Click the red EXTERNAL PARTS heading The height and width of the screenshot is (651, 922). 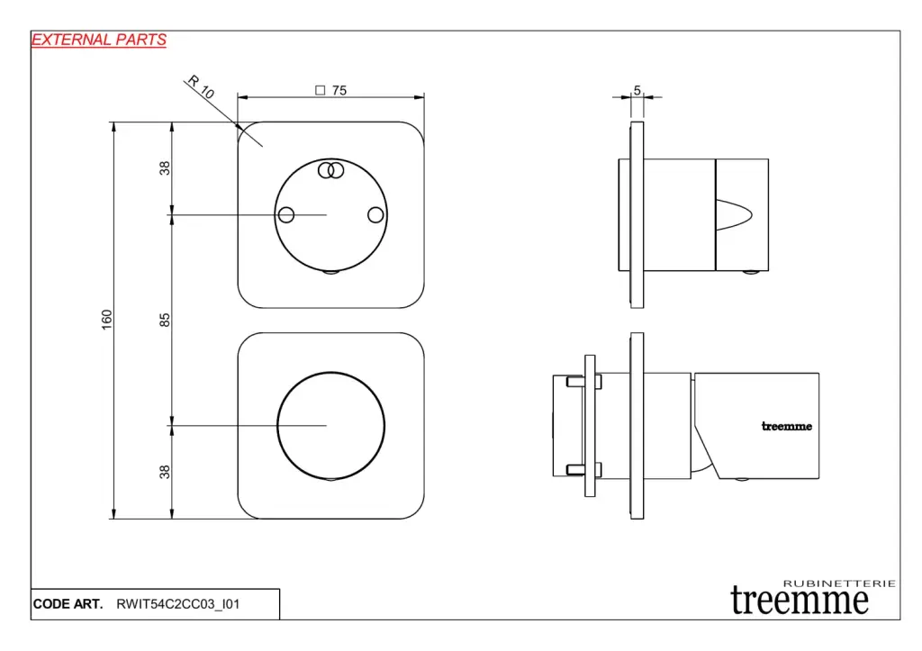[99, 40]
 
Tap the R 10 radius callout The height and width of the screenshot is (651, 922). [201, 87]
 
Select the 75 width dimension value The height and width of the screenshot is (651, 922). [339, 91]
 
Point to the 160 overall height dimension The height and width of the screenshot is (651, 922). [106, 320]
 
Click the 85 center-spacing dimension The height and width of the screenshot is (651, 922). [165, 320]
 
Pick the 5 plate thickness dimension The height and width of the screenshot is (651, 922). [637, 91]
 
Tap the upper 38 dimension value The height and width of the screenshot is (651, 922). [165, 168]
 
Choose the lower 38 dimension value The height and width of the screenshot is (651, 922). [165, 472]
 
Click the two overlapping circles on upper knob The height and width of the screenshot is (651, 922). [330, 170]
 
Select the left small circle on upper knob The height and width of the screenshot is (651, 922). [286, 214]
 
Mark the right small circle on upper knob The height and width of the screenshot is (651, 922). [375, 214]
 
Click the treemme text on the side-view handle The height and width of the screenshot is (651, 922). [787, 427]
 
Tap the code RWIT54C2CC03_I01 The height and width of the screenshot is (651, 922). [178, 604]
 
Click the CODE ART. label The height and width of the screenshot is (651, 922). [68, 604]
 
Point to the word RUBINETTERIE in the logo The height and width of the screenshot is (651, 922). [839, 583]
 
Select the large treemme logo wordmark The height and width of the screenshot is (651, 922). [800, 601]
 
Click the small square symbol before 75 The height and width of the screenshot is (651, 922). [320, 91]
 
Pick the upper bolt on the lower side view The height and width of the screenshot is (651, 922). [583, 383]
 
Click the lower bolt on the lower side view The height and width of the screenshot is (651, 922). [583, 470]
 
